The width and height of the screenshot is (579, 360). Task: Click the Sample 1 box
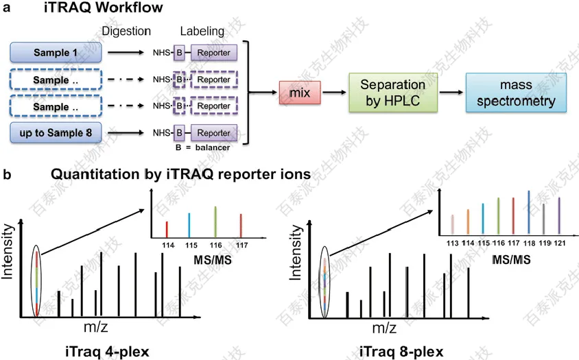click(56, 52)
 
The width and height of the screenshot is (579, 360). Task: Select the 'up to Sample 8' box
click(56, 132)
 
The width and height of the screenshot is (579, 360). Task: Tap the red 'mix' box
click(300, 93)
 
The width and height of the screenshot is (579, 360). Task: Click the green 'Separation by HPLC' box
click(393, 93)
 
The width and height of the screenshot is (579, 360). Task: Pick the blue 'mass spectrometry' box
click(516, 93)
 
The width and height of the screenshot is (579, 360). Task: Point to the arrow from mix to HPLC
click(335, 93)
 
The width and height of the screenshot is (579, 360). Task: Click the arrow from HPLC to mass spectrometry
click(451, 93)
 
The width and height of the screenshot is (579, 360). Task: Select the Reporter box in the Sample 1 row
click(214, 53)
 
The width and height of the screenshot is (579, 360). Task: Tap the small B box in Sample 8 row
click(179, 133)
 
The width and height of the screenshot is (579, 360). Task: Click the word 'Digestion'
click(126, 31)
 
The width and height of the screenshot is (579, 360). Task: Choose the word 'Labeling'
click(202, 31)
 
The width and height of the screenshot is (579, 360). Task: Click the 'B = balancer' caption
click(203, 147)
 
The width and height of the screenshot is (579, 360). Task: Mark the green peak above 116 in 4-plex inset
click(215, 222)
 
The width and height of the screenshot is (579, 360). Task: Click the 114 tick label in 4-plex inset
click(168, 245)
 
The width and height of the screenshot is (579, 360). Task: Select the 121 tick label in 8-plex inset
click(559, 243)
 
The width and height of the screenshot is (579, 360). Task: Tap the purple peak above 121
click(559, 215)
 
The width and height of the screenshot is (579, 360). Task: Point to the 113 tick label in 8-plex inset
click(452, 243)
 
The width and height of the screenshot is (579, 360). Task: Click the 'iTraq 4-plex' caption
click(107, 351)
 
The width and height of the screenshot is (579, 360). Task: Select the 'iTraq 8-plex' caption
click(401, 352)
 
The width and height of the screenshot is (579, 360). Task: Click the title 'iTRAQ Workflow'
click(104, 8)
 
